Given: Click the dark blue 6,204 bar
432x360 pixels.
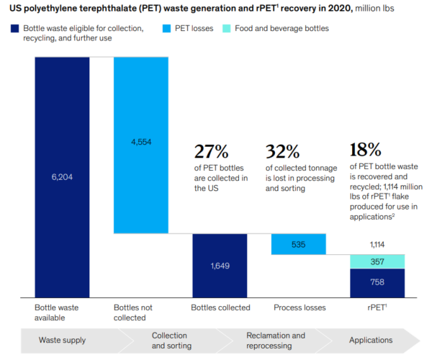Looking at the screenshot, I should (x=62, y=176).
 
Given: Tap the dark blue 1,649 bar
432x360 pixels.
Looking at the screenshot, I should (x=219, y=265).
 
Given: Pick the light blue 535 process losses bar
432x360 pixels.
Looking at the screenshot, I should (x=298, y=244).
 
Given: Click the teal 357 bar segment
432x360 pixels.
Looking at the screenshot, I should (x=377, y=261).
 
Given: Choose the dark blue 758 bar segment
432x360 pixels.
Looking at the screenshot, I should (x=377, y=282).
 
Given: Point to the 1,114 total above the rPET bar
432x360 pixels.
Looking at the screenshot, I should (x=377, y=245).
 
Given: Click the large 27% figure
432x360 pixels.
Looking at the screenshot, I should (x=210, y=151).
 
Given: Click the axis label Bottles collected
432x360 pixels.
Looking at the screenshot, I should (x=220, y=307).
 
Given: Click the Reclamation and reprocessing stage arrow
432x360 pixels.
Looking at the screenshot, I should (x=276, y=341).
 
